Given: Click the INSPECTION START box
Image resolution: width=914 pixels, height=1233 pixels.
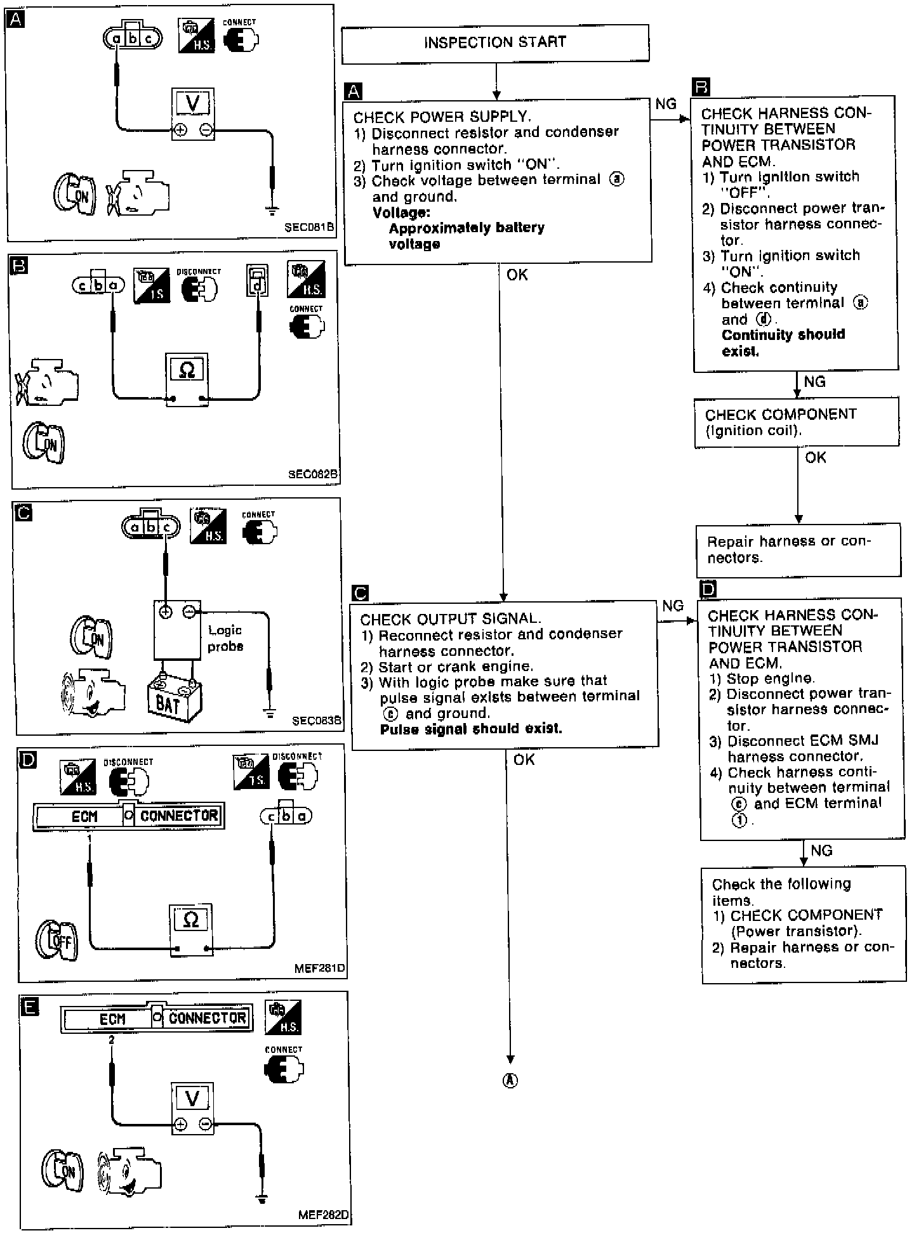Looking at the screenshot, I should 495,43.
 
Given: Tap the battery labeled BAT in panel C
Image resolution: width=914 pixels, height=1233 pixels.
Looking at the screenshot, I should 174,700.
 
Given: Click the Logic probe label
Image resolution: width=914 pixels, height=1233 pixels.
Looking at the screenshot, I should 225,638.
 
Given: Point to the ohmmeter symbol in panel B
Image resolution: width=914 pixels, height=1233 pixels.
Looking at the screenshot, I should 187,370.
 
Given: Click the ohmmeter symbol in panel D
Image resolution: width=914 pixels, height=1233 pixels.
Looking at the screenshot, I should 190,920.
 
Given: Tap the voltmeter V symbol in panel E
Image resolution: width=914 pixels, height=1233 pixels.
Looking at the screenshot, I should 192,1099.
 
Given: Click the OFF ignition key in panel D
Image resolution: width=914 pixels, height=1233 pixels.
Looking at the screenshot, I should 56,940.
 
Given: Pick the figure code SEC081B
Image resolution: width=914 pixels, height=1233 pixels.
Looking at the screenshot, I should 309,227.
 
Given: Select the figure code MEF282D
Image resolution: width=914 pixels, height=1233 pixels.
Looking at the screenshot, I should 323,1215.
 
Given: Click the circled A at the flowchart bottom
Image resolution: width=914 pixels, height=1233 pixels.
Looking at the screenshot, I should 510,1081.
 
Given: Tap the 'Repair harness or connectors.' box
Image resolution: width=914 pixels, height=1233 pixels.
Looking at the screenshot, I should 798,549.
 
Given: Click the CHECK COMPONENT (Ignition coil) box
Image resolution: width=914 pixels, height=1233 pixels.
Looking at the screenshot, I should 797,422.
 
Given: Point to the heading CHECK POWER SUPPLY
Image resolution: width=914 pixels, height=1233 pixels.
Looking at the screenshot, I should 442,117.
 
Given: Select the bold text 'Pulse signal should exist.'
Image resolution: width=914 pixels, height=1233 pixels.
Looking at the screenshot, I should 471,729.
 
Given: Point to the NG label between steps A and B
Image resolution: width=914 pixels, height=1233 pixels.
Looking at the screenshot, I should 666,104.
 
